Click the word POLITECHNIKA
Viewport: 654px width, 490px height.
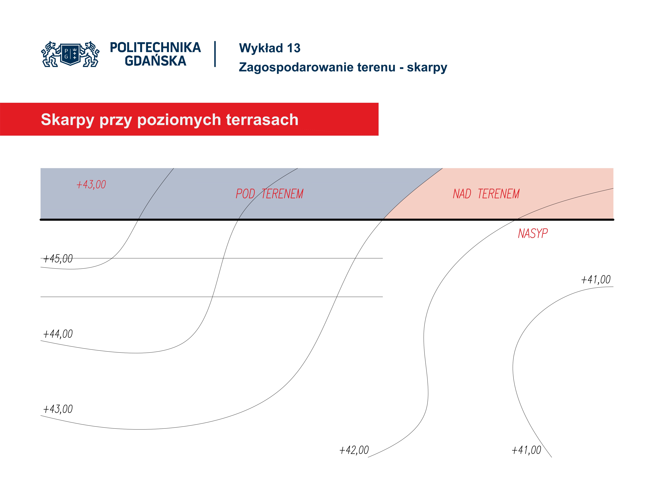(x=155, y=48)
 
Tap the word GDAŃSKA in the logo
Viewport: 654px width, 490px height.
(x=155, y=61)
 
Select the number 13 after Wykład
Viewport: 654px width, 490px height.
(x=294, y=48)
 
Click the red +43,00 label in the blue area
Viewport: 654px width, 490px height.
(x=91, y=185)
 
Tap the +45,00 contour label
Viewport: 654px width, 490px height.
(x=58, y=259)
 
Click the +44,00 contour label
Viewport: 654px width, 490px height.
(x=58, y=334)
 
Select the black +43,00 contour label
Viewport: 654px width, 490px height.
(x=58, y=409)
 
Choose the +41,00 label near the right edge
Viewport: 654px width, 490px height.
(x=596, y=279)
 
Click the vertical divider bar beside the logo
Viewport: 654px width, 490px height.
(x=215, y=54)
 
